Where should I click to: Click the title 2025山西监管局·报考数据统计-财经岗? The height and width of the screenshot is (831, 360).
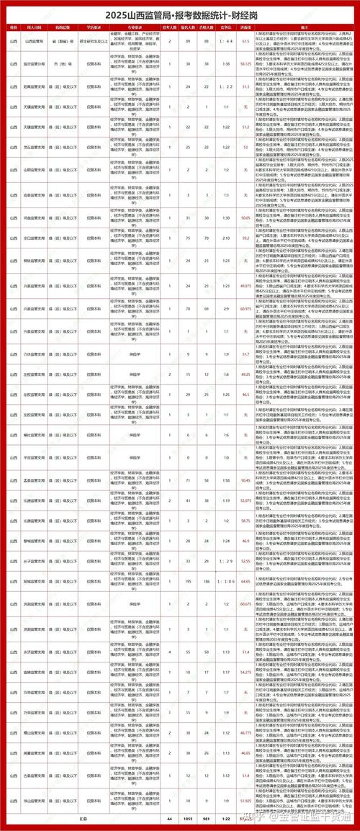tap(179, 12)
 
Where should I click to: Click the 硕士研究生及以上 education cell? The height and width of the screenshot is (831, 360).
tap(86, 42)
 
